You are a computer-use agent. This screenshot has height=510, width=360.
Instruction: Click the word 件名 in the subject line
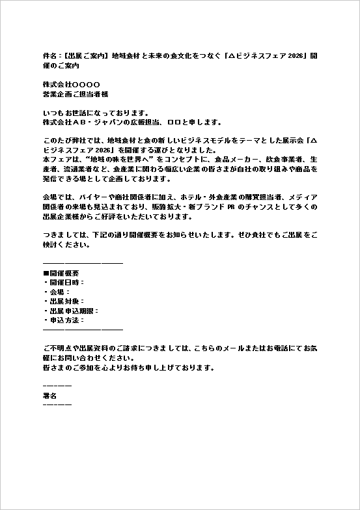(x=49, y=55)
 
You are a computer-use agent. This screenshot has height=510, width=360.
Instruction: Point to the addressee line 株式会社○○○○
(x=71, y=84)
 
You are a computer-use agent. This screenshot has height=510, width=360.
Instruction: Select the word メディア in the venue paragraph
(x=303, y=197)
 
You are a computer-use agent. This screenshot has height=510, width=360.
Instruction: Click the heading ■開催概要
(x=61, y=273)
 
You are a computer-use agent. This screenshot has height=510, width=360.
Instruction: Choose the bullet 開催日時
(x=64, y=283)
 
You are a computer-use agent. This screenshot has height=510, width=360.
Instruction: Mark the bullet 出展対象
(x=64, y=302)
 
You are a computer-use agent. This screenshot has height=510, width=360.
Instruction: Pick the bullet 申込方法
(x=64, y=320)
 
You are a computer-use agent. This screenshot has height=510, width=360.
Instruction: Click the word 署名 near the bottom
(x=49, y=395)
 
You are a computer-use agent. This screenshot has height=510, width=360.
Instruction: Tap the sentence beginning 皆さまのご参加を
(x=128, y=367)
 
